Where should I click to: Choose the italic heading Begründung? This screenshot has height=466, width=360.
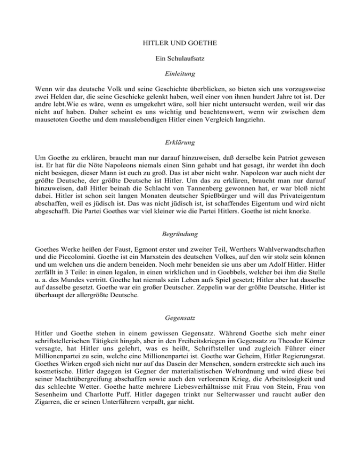click(180, 232)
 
